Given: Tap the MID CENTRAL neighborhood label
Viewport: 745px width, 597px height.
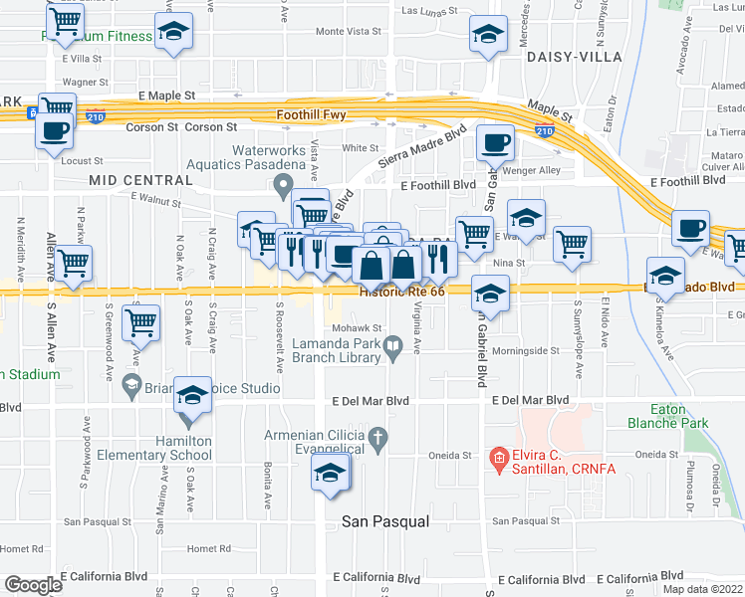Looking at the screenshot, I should point(140,180).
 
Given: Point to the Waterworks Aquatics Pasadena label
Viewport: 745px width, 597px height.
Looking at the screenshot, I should point(268,157).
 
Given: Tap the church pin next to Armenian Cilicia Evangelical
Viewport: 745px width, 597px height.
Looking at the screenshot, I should point(377,438).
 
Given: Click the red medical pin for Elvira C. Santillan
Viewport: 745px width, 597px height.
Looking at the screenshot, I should point(497,458).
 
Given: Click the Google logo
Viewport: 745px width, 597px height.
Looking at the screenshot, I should point(33,585).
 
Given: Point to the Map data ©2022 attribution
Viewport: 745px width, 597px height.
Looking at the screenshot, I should point(702,589).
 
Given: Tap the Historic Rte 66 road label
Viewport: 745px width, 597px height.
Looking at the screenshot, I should point(401,292).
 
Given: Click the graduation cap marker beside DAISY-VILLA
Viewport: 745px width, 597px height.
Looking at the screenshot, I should point(487,36).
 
